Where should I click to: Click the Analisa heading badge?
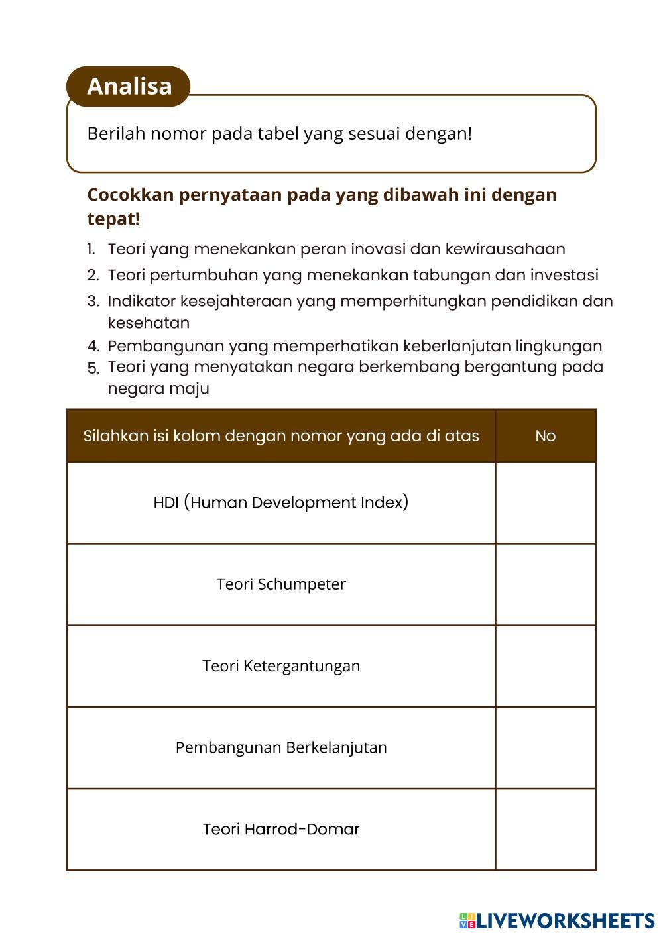click(x=129, y=86)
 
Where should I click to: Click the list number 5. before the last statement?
click(x=93, y=368)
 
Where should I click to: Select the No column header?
click(x=545, y=436)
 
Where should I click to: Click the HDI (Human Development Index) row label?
click(x=280, y=502)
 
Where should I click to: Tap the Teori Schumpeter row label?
click(x=280, y=584)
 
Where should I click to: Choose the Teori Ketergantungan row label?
click(x=280, y=666)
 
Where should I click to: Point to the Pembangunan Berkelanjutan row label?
click(x=280, y=747)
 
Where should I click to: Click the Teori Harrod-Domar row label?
click(x=280, y=829)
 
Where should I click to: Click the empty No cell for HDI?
click(x=545, y=502)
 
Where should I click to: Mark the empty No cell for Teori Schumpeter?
click(x=545, y=584)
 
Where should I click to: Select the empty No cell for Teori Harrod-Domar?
click(x=545, y=829)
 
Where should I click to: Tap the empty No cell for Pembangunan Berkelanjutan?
click(x=545, y=747)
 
